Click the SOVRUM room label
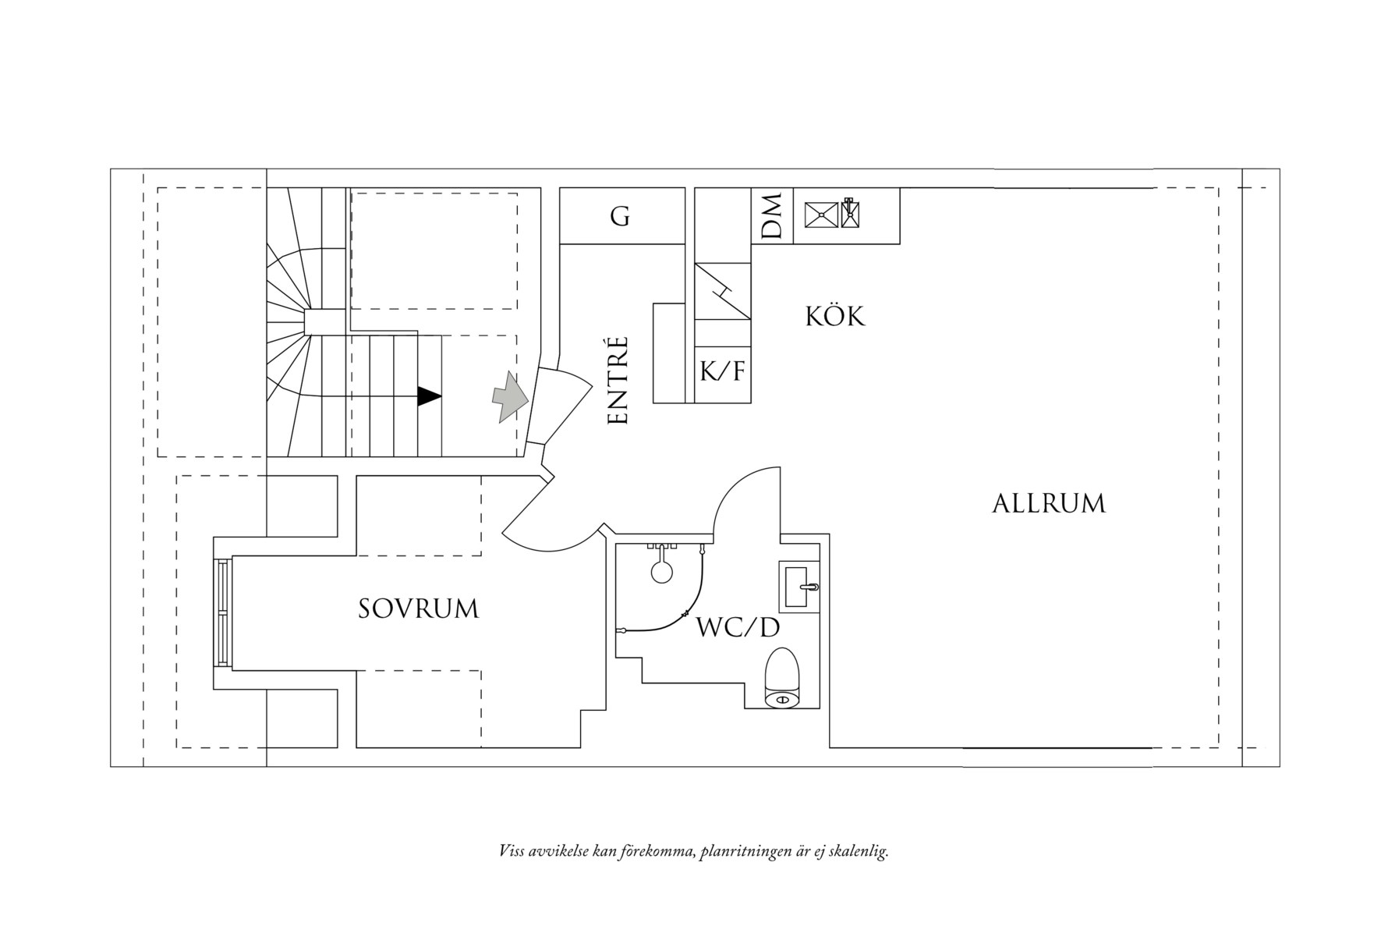tap(418, 609)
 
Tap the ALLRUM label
tap(1048, 504)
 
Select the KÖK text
tap(834, 317)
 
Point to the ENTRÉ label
tap(618, 381)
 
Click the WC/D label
tap(738, 627)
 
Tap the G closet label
tap(620, 216)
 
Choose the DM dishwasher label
tap(772, 216)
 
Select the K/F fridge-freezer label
tap(722, 372)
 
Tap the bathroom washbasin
tap(799, 586)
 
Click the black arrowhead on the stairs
tap(429, 396)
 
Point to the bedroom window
tap(224, 613)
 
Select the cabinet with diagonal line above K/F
tap(722, 291)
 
